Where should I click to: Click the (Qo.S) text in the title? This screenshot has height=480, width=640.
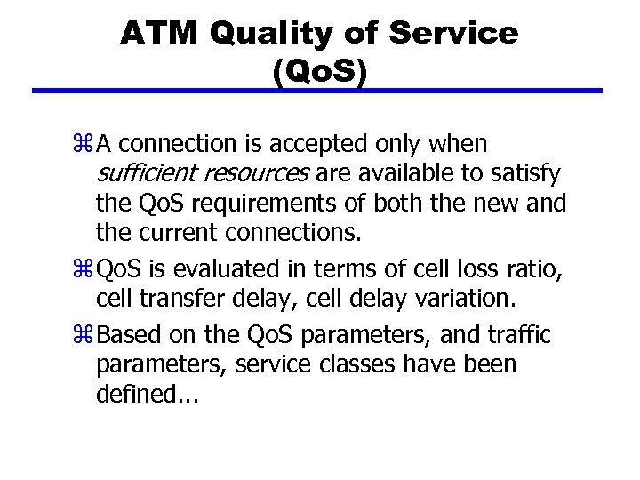[319, 71]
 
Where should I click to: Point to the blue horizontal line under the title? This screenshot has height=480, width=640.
[317, 91]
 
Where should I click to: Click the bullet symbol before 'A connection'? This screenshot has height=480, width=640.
[85, 144]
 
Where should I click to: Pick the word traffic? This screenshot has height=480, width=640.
[518, 336]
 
